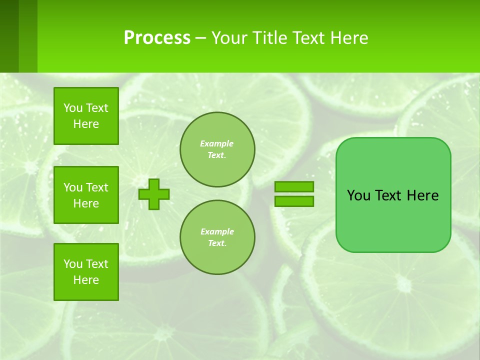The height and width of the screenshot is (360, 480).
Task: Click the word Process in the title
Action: point(157,38)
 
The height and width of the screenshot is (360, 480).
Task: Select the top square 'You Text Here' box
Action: point(86,116)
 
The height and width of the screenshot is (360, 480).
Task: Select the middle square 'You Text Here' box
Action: point(86,195)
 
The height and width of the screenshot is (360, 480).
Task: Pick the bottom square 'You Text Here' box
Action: point(86,272)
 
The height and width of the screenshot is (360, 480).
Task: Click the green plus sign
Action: point(154,193)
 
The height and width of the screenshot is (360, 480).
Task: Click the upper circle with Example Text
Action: point(217,149)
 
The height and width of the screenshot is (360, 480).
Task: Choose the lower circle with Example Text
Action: point(217,237)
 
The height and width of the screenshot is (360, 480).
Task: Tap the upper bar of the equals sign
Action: point(294,186)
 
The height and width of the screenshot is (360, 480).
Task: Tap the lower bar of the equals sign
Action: point(294,201)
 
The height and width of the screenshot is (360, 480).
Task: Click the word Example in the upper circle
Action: point(217,143)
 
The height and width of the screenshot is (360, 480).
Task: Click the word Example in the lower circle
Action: point(217,231)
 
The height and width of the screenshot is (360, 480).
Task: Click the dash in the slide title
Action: point(200,38)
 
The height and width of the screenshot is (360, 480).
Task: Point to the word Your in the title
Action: point(228,38)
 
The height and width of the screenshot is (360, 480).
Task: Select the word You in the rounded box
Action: point(358,195)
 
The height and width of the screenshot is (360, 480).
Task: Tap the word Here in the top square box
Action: point(86,124)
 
